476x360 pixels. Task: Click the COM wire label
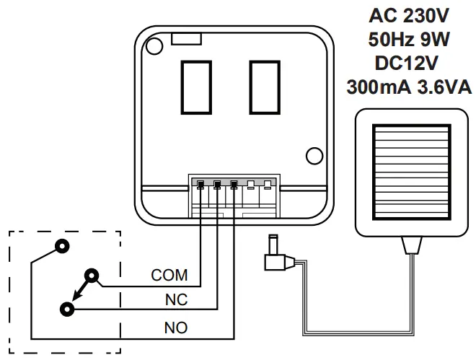tap(169, 276)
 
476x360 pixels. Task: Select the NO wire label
tap(176, 328)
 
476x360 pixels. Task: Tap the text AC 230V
tap(409, 14)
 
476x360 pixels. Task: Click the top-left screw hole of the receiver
tap(153, 45)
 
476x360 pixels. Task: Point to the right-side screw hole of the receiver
tap(314, 155)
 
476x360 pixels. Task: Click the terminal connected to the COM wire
tap(200, 185)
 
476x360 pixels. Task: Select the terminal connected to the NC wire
tap(217, 185)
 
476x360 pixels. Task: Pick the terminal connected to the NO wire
tap(234, 185)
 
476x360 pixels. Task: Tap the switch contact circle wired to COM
tap(92, 275)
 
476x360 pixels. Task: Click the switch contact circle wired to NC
tap(67, 308)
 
